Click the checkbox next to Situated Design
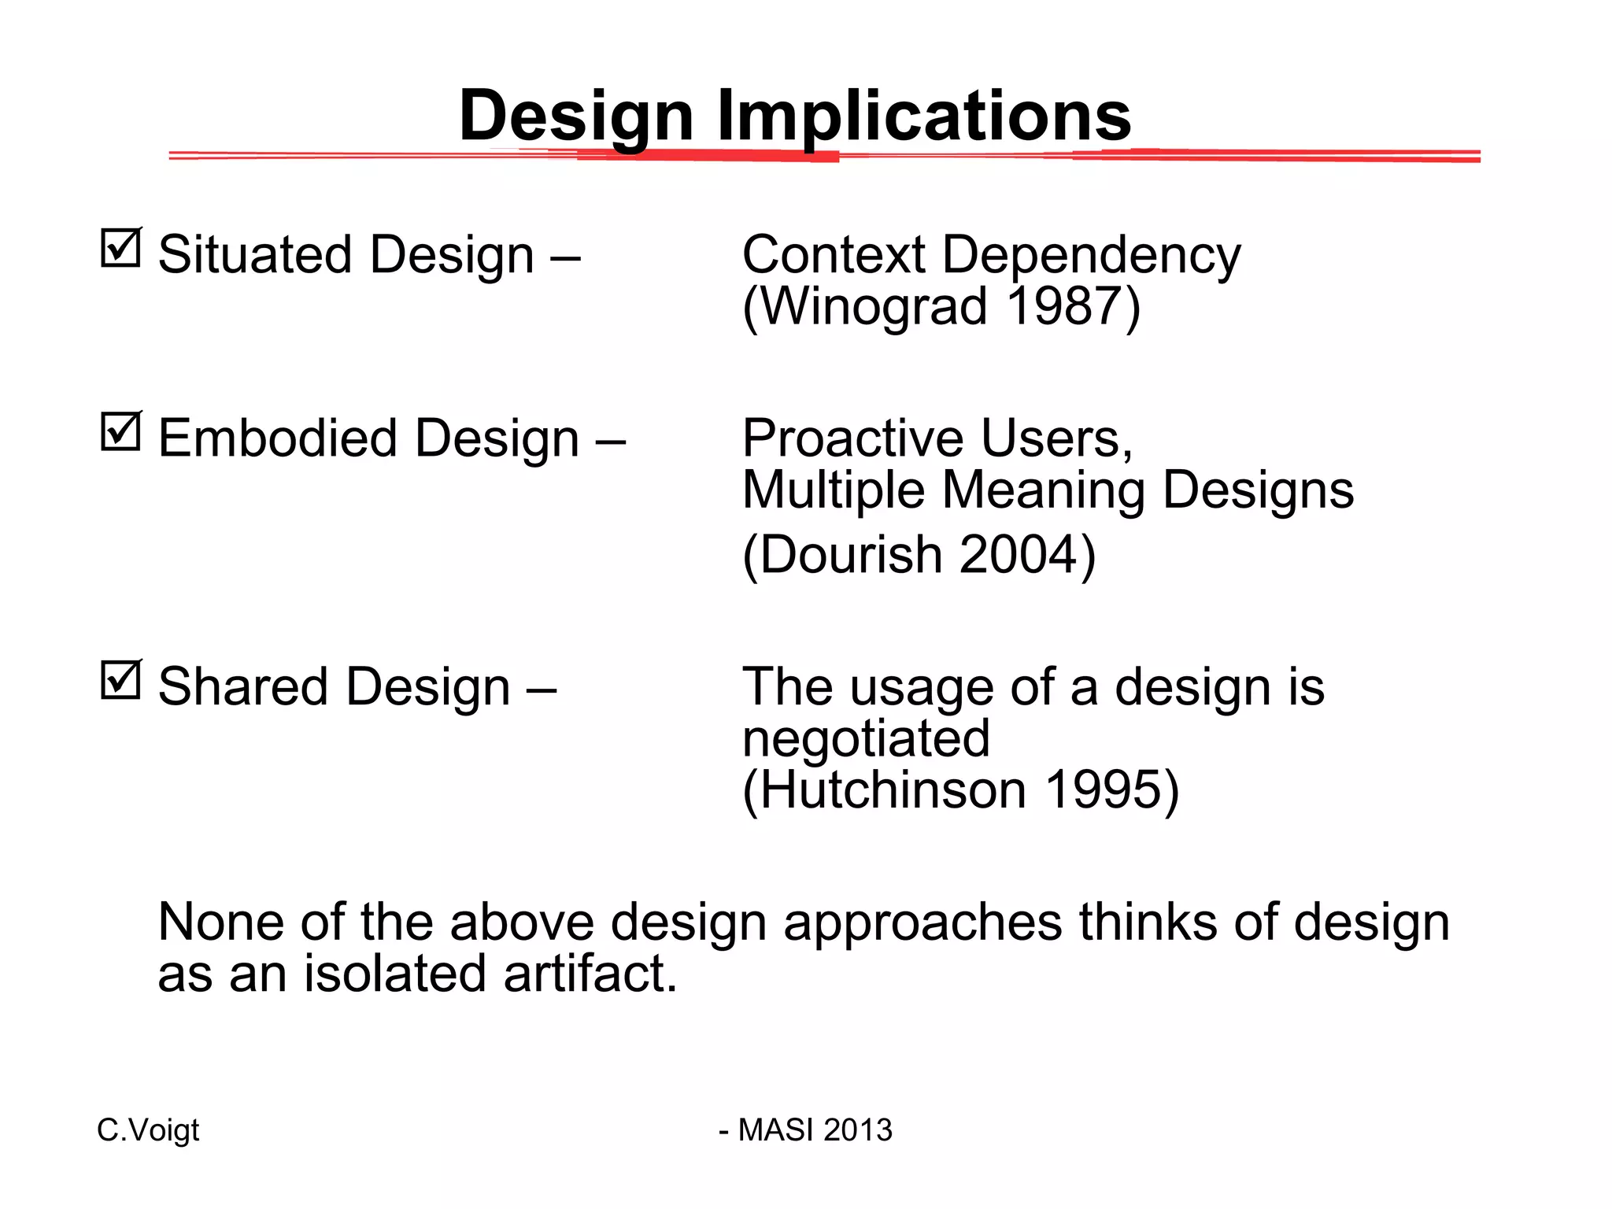point(121,249)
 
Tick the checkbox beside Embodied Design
point(121,432)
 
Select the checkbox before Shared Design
point(121,681)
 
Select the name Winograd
point(874,306)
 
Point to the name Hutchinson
point(893,789)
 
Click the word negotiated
point(866,739)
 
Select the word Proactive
point(852,438)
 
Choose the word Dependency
point(1091,255)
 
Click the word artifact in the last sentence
point(589,974)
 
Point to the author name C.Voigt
point(148,1130)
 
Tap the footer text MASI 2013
point(815,1130)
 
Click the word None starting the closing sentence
point(220,922)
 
